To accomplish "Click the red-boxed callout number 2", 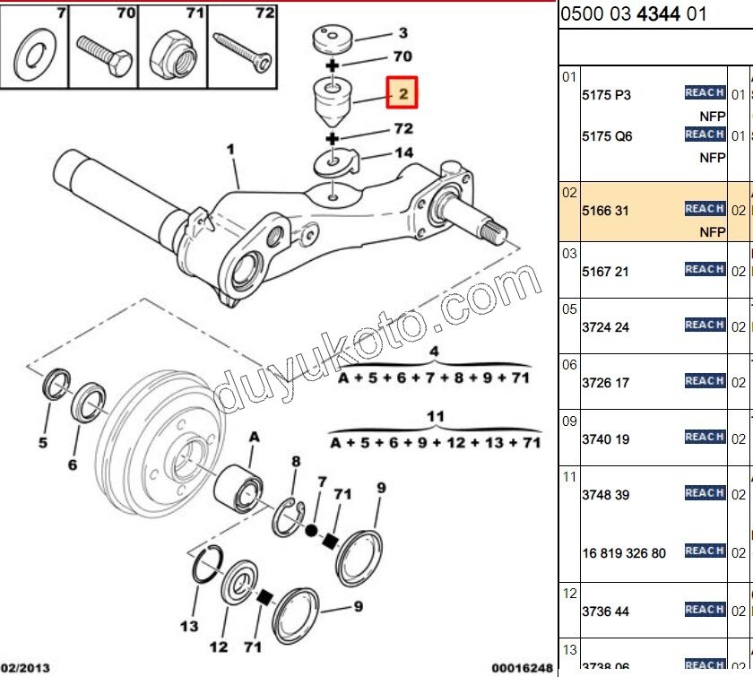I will [x=402, y=92].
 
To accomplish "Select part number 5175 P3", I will [x=606, y=96].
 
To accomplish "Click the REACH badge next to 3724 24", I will [x=705, y=325].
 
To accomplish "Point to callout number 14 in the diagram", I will [x=403, y=153].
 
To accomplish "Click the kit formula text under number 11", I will [x=435, y=443].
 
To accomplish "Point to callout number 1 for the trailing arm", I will [x=230, y=149].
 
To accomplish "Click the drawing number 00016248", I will [x=516, y=668].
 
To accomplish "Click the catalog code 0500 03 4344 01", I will [x=633, y=14].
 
